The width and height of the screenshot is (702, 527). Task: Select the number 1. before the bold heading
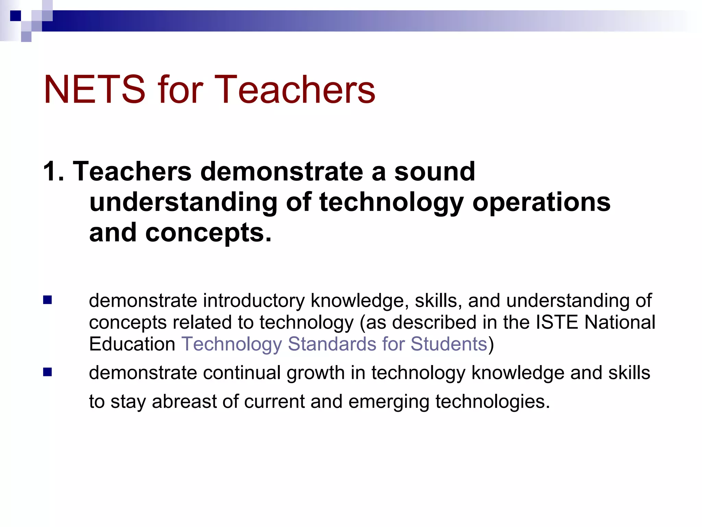(x=53, y=172)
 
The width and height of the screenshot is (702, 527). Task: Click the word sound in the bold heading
(x=435, y=172)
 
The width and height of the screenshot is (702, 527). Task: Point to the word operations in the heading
(x=541, y=202)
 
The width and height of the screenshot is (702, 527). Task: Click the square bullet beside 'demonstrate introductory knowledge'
(x=48, y=300)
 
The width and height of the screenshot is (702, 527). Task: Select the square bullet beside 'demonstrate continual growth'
(x=48, y=372)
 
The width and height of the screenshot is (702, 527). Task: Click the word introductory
(x=254, y=301)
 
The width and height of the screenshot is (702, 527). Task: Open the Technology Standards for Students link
(x=334, y=344)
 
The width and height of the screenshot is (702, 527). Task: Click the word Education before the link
(x=132, y=344)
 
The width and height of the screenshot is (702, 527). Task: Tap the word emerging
(x=389, y=402)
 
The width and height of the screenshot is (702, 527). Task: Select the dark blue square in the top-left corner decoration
(x=15, y=16)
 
